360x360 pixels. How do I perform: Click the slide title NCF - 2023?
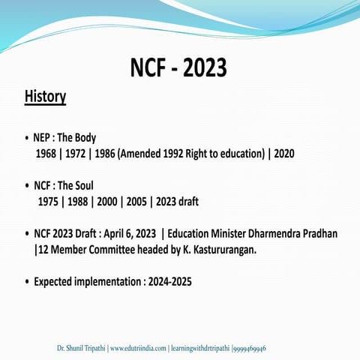(178, 68)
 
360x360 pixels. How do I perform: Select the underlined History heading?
(45, 97)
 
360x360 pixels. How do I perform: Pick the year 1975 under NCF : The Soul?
(50, 202)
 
